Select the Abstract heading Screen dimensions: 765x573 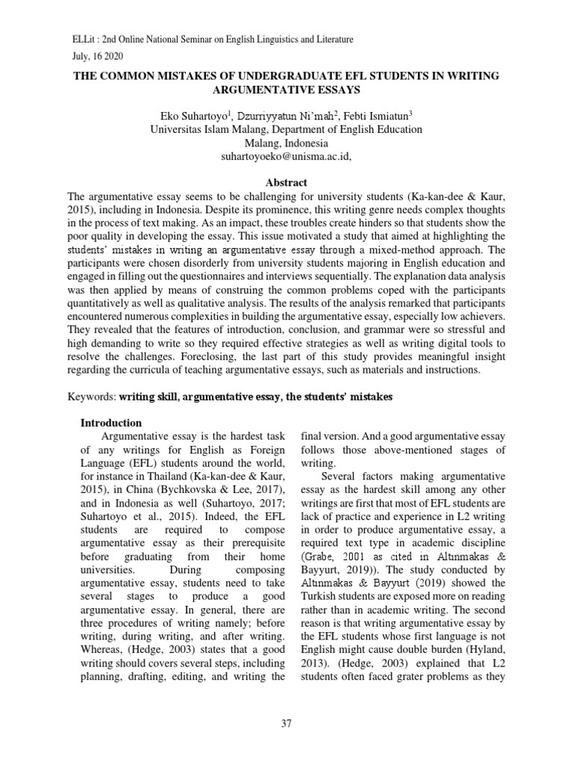(286, 182)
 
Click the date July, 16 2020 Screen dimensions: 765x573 (87, 56)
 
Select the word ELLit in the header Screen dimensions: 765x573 (63, 39)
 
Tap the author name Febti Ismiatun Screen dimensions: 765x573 (376, 116)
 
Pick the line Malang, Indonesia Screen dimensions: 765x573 (286, 143)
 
